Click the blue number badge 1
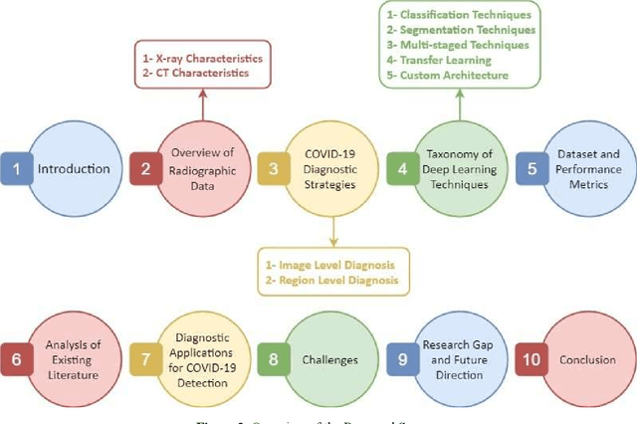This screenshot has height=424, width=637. [x=16, y=168]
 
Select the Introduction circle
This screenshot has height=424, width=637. [x=74, y=168]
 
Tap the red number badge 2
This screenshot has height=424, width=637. [x=144, y=168]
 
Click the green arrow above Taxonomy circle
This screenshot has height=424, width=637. [x=458, y=100]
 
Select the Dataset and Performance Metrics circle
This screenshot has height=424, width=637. [x=587, y=168]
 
